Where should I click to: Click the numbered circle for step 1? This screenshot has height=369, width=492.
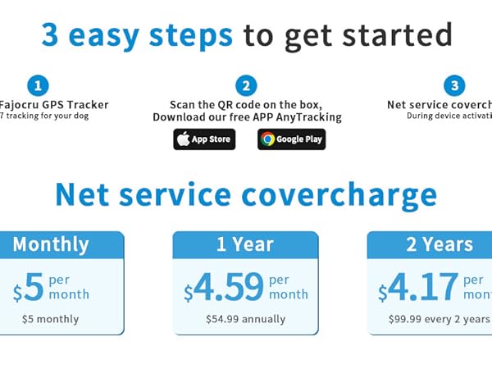pyautogui.click(x=37, y=85)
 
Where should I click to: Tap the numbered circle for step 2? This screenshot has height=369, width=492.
pyautogui.click(x=245, y=85)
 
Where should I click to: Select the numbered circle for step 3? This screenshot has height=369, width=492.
pyautogui.click(x=454, y=85)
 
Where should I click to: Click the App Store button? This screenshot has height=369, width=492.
pyautogui.click(x=204, y=139)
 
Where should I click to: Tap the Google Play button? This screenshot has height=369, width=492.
pyautogui.click(x=291, y=139)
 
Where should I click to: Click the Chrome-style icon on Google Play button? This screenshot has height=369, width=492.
pyautogui.click(x=267, y=139)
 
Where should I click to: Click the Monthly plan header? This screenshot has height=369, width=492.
pyautogui.click(x=51, y=244)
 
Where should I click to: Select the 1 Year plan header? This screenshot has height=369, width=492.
pyautogui.click(x=245, y=244)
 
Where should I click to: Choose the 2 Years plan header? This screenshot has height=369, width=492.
pyautogui.click(x=439, y=244)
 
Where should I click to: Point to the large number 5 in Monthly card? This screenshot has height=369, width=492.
pyautogui.click(x=33, y=287)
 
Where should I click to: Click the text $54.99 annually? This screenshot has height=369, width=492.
pyautogui.click(x=245, y=318)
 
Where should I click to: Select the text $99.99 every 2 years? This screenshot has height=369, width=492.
pyautogui.click(x=439, y=318)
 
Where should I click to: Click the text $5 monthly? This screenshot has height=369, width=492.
pyautogui.click(x=51, y=318)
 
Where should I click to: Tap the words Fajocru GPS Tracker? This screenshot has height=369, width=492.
pyautogui.click(x=54, y=105)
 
